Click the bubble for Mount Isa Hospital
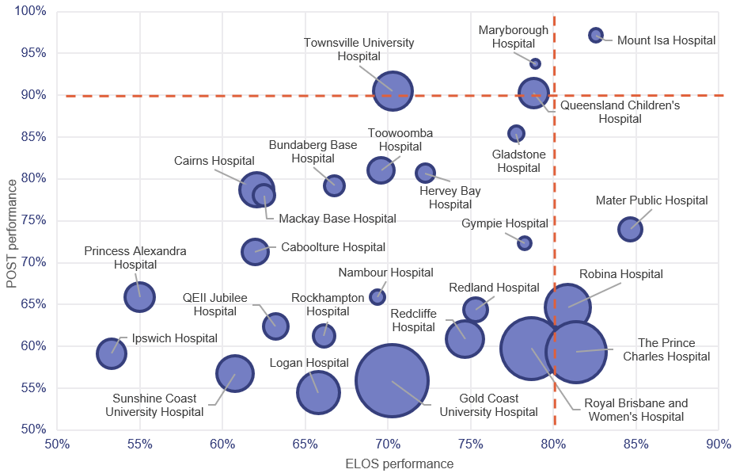click(x=596, y=35)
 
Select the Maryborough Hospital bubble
click(x=535, y=63)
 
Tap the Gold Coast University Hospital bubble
click(x=392, y=380)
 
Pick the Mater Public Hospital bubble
click(x=630, y=229)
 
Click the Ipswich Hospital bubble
click(x=112, y=353)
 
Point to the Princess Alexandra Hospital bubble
click(x=139, y=297)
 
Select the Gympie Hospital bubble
click(x=525, y=243)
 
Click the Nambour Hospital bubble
click(x=377, y=297)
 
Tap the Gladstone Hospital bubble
click(x=516, y=134)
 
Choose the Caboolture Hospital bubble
click(x=255, y=251)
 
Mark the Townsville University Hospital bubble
click(x=393, y=92)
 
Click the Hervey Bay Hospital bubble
click(x=426, y=173)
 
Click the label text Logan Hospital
click(x=309, y=363)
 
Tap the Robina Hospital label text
click(x=620, y=274)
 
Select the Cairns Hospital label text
click(x=203, y=161)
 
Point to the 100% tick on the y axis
click(x=31, y=11)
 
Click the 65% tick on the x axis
click(x=305, y=443)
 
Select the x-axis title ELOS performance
click(x=387, y=463)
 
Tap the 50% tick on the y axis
click(x=31, y=429)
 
